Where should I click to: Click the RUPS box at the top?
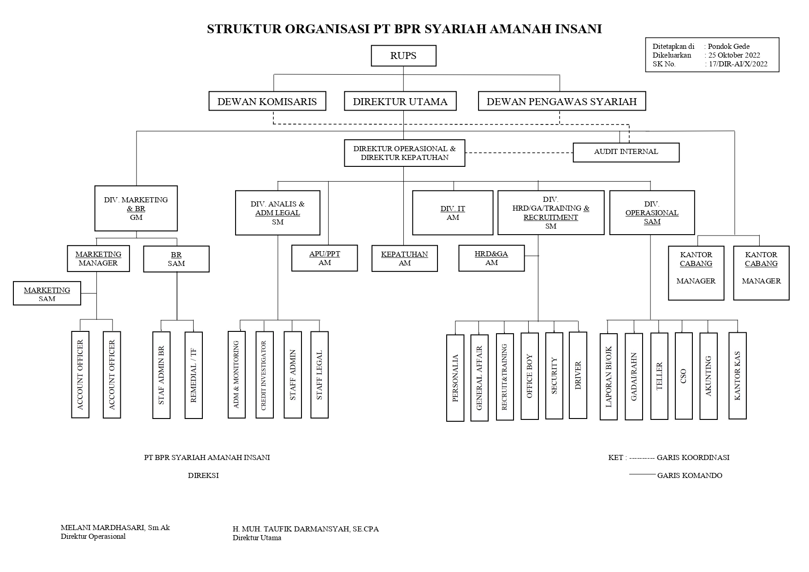(403, 56)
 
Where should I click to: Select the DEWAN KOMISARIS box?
(267, 101)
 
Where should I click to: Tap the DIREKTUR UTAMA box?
(400, 101)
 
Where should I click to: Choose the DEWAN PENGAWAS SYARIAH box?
(561, 101)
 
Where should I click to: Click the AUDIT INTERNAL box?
(626, 152)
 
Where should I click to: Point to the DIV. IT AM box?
(453, 213)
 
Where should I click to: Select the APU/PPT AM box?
(325, 258)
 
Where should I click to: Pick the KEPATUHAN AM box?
(404, 259)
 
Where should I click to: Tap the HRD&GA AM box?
(491, 258)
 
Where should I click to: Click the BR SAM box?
(176, 259)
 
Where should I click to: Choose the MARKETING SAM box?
(47, 294)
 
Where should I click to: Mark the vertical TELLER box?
(659, 376)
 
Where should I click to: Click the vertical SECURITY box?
(554, 376)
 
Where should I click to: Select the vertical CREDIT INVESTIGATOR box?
(264, 375)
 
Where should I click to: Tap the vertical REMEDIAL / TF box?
(194, 375)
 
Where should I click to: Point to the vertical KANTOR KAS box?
(737, 376)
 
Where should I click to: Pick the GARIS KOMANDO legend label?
(690, 475)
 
